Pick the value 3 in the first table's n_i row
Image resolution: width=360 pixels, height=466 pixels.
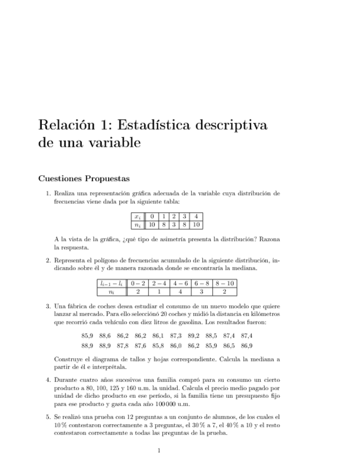173,225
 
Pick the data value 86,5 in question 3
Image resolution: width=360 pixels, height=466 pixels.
229,346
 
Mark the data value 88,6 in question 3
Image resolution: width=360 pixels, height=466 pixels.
105,335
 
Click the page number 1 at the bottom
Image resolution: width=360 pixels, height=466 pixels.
159,451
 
